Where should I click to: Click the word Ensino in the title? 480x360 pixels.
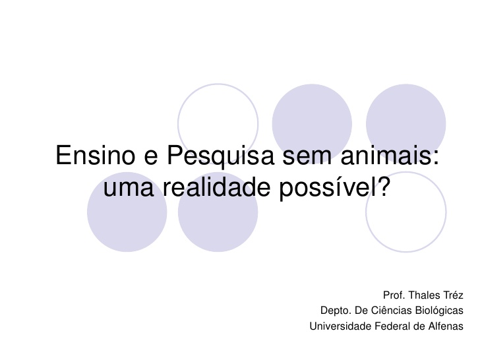click(x=95, y=155)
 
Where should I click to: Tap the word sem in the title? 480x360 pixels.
click(x=307, y=158)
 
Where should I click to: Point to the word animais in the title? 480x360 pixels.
click(x=386, y=155)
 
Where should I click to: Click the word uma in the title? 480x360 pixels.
click(x=129, y=189)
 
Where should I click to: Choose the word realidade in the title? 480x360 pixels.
click(x=216, y=187)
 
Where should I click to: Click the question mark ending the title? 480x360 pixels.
click(x=383, y=187)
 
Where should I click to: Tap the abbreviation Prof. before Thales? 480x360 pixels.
click(x=394, y=295)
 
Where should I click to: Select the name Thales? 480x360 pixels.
click(x=424, y=295)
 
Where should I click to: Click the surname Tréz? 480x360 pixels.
click(x=453, y=295)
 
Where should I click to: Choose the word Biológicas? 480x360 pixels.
click(x=439, y=311)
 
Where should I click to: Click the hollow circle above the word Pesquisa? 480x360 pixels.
click(x=218, y=84)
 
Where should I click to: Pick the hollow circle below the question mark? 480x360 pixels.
click(x=406, y=252)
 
